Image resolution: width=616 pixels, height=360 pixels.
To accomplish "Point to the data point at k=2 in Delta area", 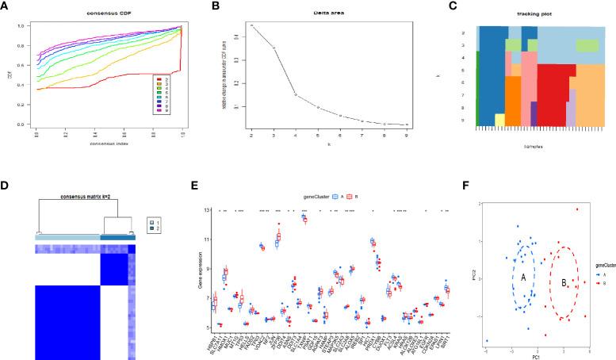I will pyautogui.click(x=252, y=25).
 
